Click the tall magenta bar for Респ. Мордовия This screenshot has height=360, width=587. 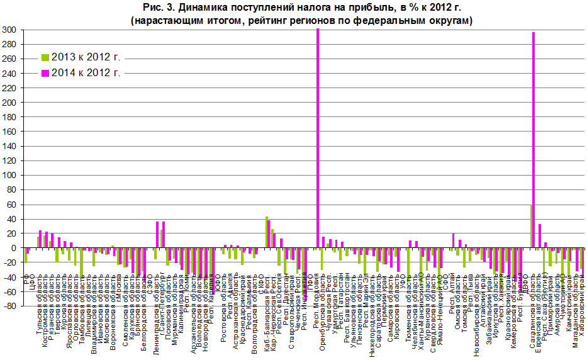[318, 138]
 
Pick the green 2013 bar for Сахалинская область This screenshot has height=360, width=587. [531, 227]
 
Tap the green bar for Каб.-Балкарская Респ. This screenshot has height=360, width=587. [267, 232]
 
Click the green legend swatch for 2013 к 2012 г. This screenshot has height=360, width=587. [45, 57]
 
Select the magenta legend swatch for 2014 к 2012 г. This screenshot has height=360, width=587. [45, 72]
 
